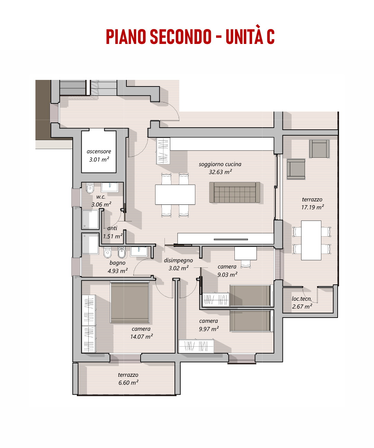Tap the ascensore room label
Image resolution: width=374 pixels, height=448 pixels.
(99, 151)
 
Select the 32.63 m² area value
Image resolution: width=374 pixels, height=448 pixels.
(220, 172)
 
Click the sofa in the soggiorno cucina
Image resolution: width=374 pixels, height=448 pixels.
(234, 192)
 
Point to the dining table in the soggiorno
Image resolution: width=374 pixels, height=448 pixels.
(175, 194)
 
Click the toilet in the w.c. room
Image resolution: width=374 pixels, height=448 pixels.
(90, 188)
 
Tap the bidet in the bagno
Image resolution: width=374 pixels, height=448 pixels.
(122, 252)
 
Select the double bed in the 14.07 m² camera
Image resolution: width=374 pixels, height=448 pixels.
(130, 302)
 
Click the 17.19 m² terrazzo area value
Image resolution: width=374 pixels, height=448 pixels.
(313, 207)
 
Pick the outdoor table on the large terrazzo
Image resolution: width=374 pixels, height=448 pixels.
(311, 240)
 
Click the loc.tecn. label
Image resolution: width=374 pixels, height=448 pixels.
(302, 299)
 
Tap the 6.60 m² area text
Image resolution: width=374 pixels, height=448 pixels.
(128, 382)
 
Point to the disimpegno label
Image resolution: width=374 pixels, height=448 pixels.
(178, 260)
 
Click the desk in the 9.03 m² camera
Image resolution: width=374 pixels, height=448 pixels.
(246, 253)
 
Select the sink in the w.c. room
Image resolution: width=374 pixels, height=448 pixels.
(110, 187)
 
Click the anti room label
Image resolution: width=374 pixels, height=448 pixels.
(112, 228)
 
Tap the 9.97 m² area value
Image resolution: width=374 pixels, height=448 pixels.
(209, 329)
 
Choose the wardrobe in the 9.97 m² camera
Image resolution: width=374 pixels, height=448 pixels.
(196, 346)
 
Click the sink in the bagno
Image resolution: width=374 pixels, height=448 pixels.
(139, 251)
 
